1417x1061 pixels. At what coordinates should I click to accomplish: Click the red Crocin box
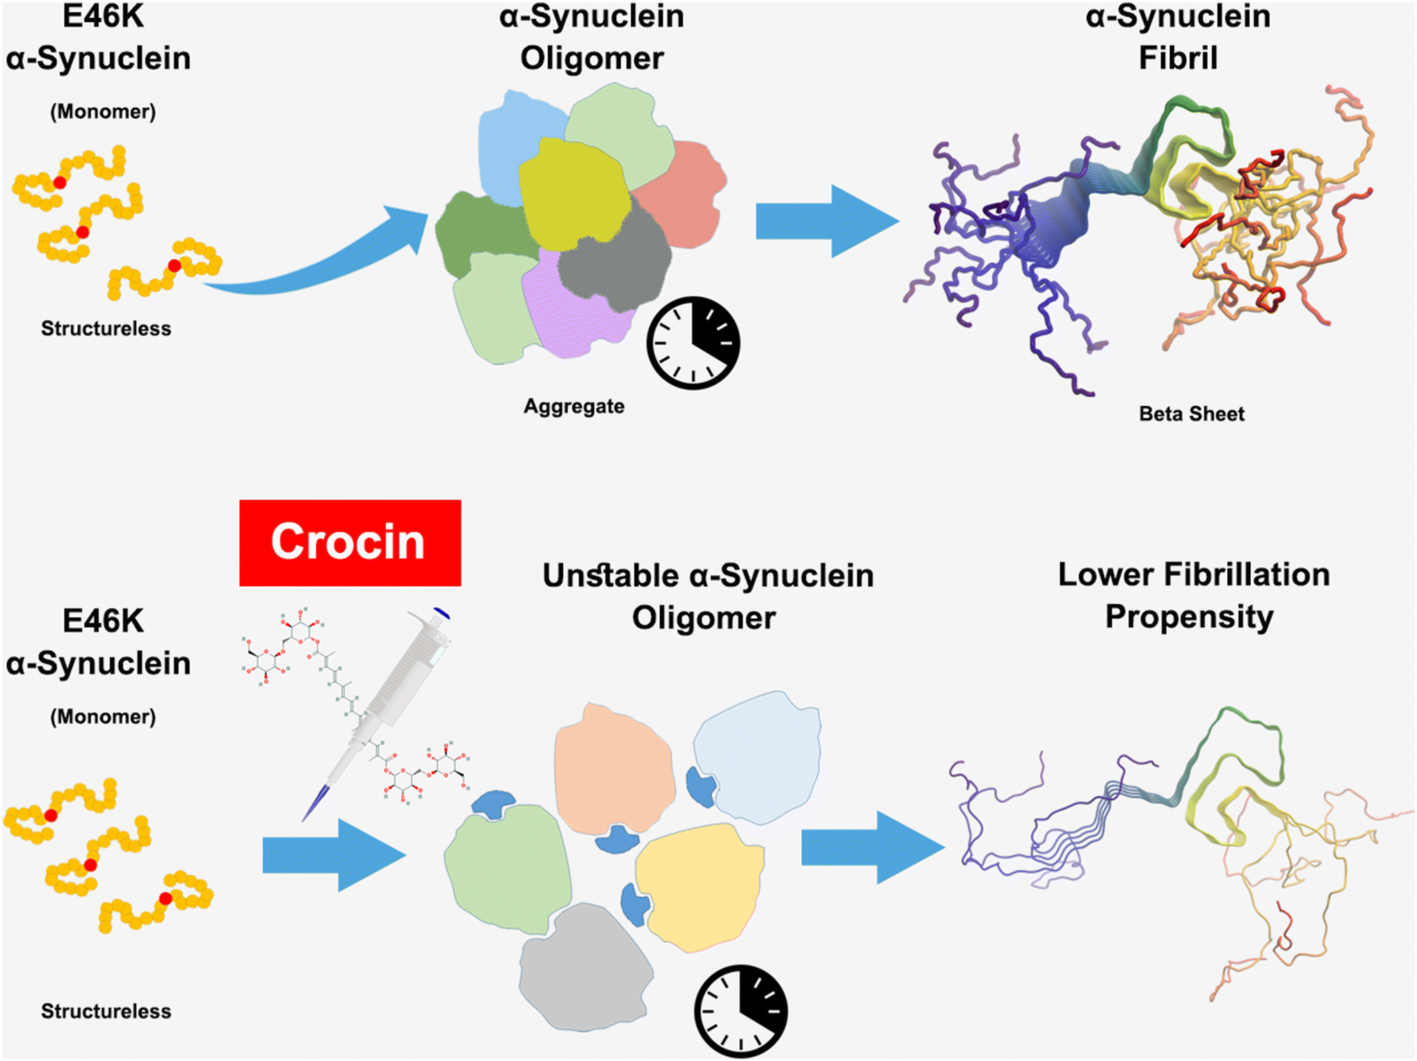350,542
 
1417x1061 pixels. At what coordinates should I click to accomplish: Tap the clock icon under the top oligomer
693,343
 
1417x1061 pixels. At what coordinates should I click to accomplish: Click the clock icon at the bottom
740,1010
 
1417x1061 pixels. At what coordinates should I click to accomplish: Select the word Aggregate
574,406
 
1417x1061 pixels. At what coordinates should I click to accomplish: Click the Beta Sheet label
1191,414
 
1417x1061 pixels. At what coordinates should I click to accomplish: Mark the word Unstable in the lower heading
610,576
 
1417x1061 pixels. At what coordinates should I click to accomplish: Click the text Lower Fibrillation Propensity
1192,596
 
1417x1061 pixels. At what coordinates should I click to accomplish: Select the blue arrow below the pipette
334,855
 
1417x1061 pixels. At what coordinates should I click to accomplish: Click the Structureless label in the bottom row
106,1011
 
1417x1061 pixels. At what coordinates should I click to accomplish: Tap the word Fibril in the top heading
1178,58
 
